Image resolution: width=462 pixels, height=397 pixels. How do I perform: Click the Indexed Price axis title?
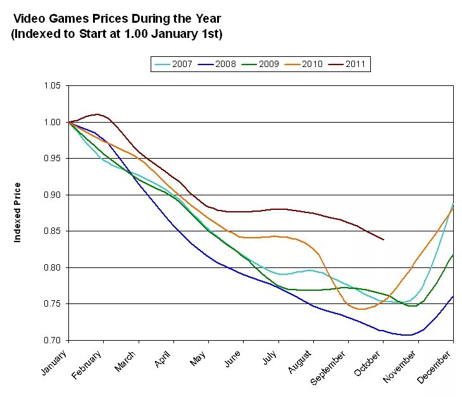[x=18, y=212]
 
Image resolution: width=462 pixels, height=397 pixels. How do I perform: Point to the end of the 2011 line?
[x=384, y=240]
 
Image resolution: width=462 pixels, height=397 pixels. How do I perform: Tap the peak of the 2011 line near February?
[x=96, y=114]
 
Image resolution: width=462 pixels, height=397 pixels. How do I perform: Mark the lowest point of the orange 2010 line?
[x=361, y=309]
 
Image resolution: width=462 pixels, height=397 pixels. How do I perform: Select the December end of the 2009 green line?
[x=453, y=254]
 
